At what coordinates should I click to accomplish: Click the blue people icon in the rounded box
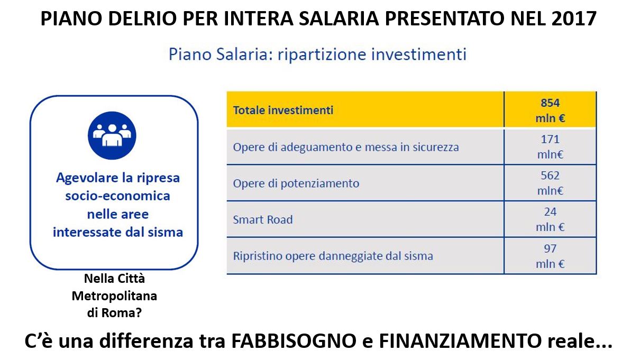click(112, 135)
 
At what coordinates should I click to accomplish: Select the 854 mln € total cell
click(550, 110)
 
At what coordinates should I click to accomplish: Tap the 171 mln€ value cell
click(550, 146)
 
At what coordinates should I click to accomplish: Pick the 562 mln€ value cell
click(550, 183)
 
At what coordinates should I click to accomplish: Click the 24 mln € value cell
click(550, 219)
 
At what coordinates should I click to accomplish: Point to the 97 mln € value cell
click(550, 256)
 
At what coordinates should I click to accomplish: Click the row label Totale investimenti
click(283, 110)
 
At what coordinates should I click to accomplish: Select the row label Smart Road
click(262, 220)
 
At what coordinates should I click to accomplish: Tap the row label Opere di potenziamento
click(296, 183)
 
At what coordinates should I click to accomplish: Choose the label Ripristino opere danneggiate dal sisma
click(333, 256)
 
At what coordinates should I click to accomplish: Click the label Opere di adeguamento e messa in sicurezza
click(346, 147)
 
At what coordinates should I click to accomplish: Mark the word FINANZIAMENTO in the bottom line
click(460, 341)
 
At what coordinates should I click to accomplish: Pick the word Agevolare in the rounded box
click(84, 178)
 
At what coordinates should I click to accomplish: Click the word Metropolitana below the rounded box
click(114, 296)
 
